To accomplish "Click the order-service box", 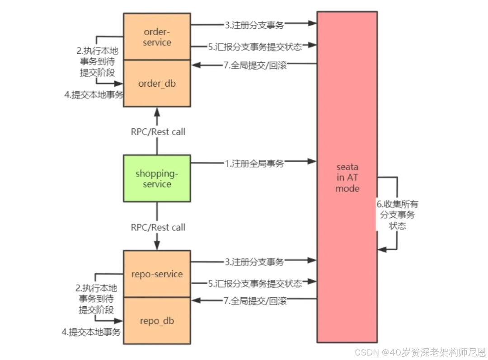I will [157, 37].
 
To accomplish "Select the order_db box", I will [157, 84].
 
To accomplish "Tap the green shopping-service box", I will [157, 178].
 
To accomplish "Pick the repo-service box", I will [157, 274].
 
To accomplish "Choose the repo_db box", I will [157, 321].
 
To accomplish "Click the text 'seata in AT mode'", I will [347, 178].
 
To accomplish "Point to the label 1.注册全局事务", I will [254, 164].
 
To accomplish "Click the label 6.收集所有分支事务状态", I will [397, 215].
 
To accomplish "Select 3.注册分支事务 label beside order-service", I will [254, 25].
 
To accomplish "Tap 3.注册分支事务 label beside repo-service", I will [254, 262].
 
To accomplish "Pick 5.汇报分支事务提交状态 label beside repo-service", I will [255, 284].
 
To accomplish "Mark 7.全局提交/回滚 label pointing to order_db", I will [255, 65].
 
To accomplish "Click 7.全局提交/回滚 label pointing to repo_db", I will [255, 301].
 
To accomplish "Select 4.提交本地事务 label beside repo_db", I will [91, 332].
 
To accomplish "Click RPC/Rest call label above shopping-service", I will [158, 132].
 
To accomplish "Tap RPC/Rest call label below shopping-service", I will [158, 227].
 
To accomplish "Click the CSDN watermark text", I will [420, 352].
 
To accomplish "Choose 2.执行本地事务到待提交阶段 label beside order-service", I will [97, 62].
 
